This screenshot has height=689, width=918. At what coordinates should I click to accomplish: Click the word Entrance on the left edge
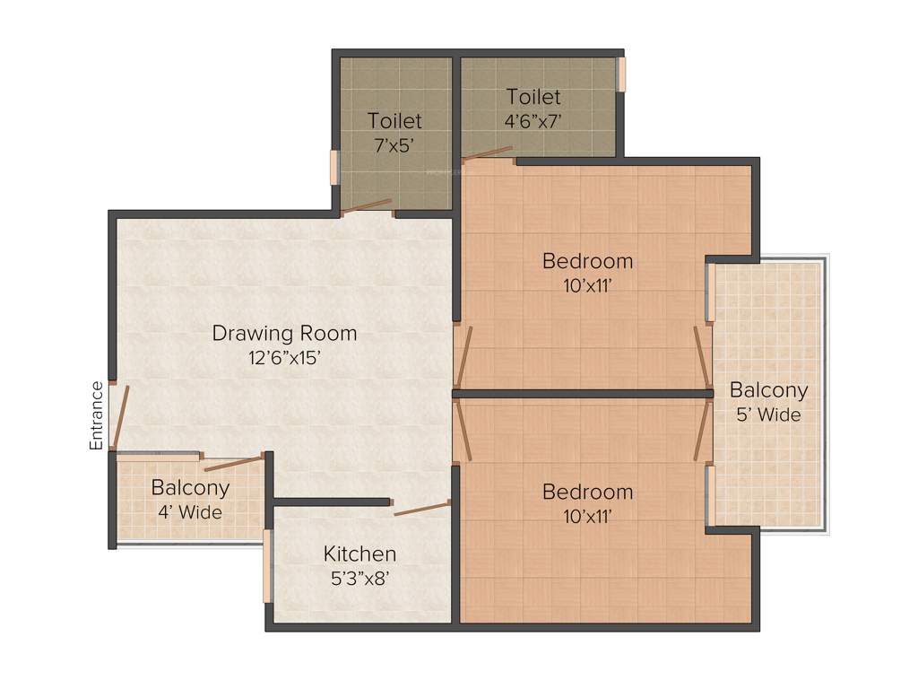[97, 415]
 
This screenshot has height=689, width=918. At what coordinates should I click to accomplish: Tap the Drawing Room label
[284, 334]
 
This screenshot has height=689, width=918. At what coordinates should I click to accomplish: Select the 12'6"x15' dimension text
[284, 357]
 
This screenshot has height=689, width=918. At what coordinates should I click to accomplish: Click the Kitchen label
[359, 554]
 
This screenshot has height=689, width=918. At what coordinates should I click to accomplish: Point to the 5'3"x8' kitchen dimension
[359, 578]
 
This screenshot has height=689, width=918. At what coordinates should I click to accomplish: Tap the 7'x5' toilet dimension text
[394, 144]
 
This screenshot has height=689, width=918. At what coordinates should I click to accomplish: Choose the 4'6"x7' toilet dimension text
[533, 120]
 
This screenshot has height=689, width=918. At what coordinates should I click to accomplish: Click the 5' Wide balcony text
[768, 414]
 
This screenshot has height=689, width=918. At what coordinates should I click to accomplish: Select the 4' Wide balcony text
[190, 512]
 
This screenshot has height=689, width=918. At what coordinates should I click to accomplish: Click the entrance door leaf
[121, 417]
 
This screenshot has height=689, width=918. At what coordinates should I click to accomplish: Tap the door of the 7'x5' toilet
[367, 206]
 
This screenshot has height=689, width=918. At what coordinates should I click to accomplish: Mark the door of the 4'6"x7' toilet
[488, 153]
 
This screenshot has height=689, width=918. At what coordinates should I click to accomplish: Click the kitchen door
[421, 509]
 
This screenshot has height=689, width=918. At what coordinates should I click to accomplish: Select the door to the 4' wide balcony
[234, 463]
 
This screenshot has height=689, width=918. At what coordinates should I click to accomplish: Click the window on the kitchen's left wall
[267, 565]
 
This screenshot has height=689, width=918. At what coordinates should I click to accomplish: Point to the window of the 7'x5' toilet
[334, 167]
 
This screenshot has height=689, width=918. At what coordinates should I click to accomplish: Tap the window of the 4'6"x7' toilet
[620, 74]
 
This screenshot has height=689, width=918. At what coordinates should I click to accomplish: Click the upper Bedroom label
[588, 261]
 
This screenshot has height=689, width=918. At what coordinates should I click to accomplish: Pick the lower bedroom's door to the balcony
[702, 432]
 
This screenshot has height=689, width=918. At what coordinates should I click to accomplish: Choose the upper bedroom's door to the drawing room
[463, 357]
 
